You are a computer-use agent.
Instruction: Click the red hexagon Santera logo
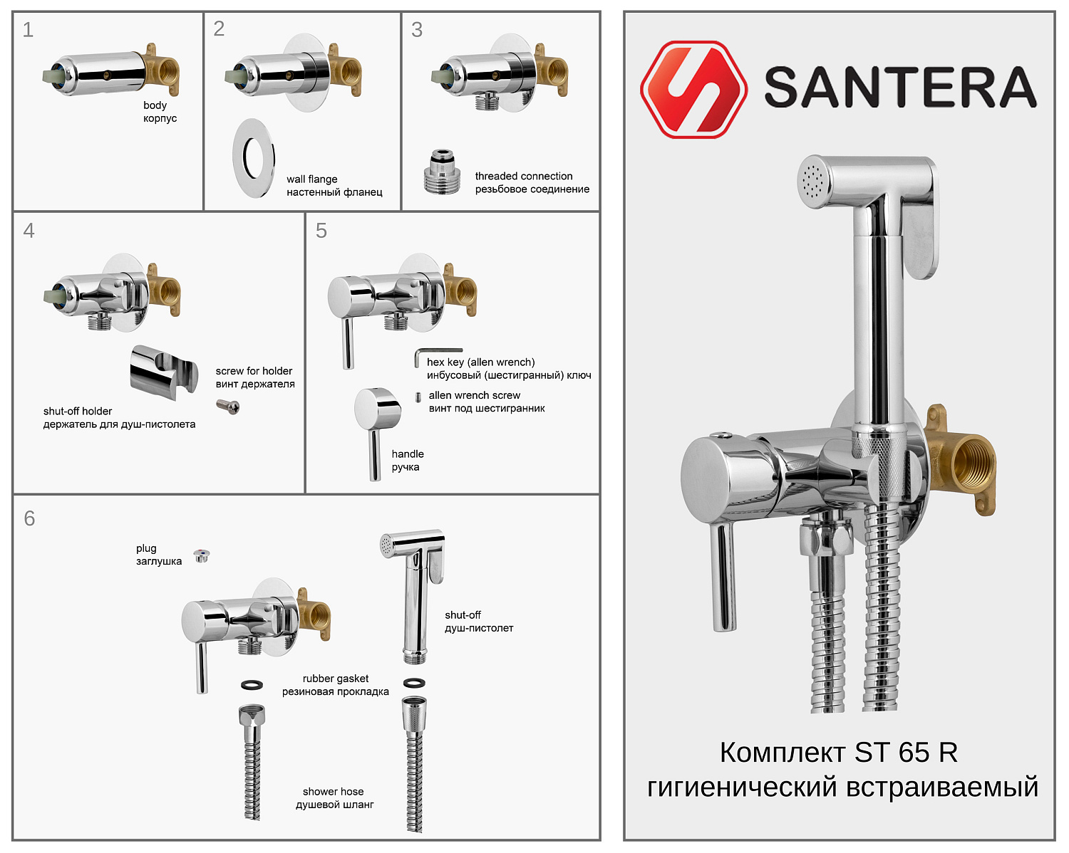pos(693,89)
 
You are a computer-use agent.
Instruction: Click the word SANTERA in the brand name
pos(900,88)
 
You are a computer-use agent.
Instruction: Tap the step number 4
pos(29,231)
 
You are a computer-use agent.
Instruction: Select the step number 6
pos(29,518)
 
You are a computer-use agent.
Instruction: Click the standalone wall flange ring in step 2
pos(254,158)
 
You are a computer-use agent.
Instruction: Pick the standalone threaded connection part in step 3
pos(442,172)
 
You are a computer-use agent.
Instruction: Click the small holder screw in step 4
pos(228,407)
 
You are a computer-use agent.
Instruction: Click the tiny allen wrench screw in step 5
pos(418,397)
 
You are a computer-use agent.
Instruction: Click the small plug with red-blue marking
pos(202,555)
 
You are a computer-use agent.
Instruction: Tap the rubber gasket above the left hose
pos(252,685)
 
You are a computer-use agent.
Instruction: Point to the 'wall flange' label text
pos(312,179)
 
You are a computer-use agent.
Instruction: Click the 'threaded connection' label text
pos(524,176)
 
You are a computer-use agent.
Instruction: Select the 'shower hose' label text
pos(333,792)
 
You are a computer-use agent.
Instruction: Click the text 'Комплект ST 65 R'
pos(838,753)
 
